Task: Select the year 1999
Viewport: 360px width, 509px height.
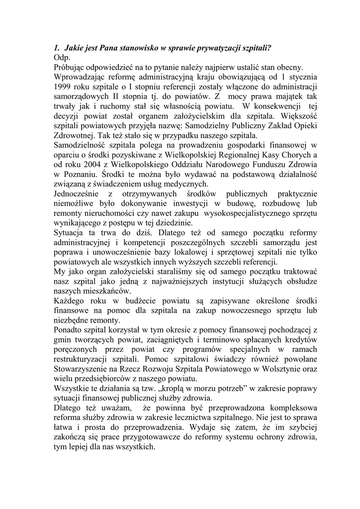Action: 63,86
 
